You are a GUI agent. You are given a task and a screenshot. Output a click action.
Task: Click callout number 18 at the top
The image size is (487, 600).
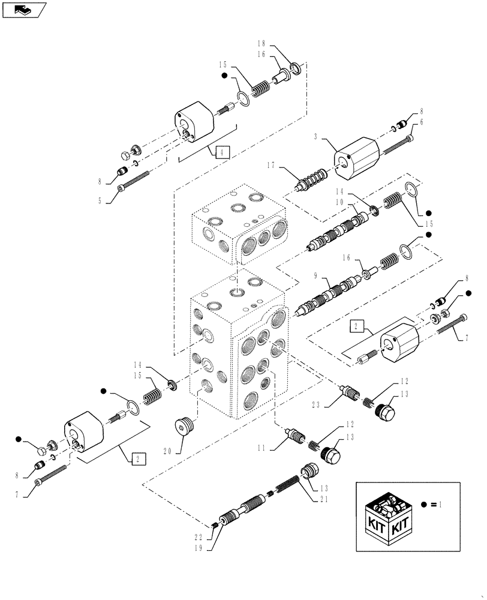pyautogui.click(x=261, y=44)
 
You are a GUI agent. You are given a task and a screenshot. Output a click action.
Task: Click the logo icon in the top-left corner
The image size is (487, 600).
pyautogui.click(x=24, y=10)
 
